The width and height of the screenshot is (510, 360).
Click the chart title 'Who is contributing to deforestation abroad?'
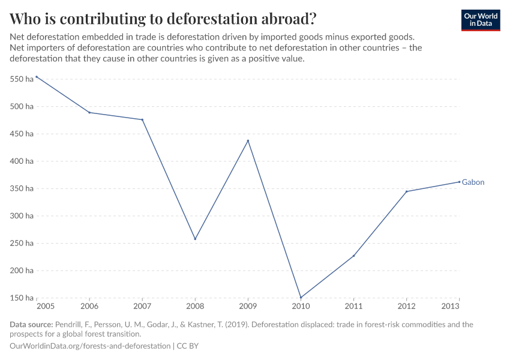click(x=163, y=18)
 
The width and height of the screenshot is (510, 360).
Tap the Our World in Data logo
click(x=480, y=20)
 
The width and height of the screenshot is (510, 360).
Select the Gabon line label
click(x=473, y=182)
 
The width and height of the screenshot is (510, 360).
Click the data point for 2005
click(x=37, y=77)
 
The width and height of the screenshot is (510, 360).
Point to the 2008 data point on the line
click(x=195, y=239)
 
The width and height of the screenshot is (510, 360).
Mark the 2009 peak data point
click(x=248, y=141)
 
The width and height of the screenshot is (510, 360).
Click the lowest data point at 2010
click(x=301, y=297)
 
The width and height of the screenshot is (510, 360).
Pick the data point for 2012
click(x=406, y=191)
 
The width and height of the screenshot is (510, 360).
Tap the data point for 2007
click(x=142, y=119)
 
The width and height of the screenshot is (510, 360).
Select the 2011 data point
click(x=353, y=256)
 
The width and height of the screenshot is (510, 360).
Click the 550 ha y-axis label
click(x=22, y=79)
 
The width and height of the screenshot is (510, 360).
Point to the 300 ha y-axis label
click(x=22, y=216)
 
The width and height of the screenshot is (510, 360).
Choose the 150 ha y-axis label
click(x=22, y=298)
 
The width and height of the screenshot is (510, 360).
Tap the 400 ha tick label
click(x=22, y=161)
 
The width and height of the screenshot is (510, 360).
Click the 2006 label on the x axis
click(x=89, y=307)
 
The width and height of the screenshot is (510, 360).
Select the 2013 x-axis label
click(x=451, y=307)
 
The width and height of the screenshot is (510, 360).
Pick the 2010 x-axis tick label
click(x=301, y=307)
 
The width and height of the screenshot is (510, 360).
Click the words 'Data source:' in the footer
click(x=31, y=325)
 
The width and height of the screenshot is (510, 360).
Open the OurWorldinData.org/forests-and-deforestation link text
click(x=90, y=346)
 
